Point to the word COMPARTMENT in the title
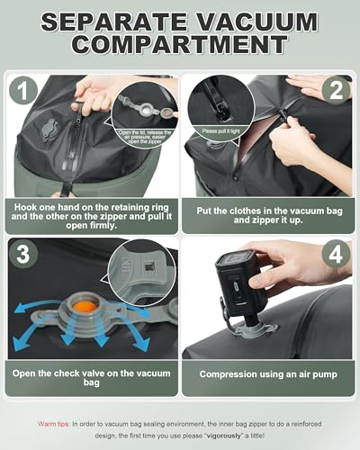180,46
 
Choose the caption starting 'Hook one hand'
92,216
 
